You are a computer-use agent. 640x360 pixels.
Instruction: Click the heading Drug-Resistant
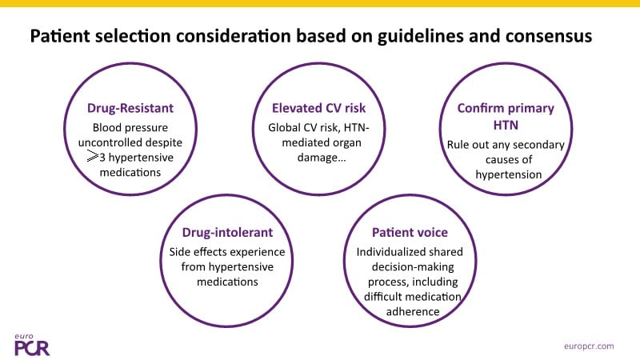tap(130, 108)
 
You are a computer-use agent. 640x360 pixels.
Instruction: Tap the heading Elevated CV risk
tap(318, 108)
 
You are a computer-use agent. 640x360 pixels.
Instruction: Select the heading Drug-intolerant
tap(227, 232)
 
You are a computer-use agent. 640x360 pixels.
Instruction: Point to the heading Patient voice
tap(410, 232)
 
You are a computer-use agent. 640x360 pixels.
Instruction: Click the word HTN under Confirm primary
tap(506, 125)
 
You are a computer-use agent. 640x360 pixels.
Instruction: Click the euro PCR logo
tap(32, 346)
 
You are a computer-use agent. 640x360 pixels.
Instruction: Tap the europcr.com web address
tap(589, 346)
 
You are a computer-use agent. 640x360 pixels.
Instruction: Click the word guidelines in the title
tap(421, 36)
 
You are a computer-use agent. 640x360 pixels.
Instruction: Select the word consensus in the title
tap(549, 36)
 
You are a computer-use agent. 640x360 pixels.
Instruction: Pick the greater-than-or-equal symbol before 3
tap(93, 156)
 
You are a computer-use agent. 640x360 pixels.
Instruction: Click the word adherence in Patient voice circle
tap(413, 311)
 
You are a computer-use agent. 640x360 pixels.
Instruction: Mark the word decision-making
tap(413, 267)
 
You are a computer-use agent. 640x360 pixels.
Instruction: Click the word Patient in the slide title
tap(59, 36)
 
